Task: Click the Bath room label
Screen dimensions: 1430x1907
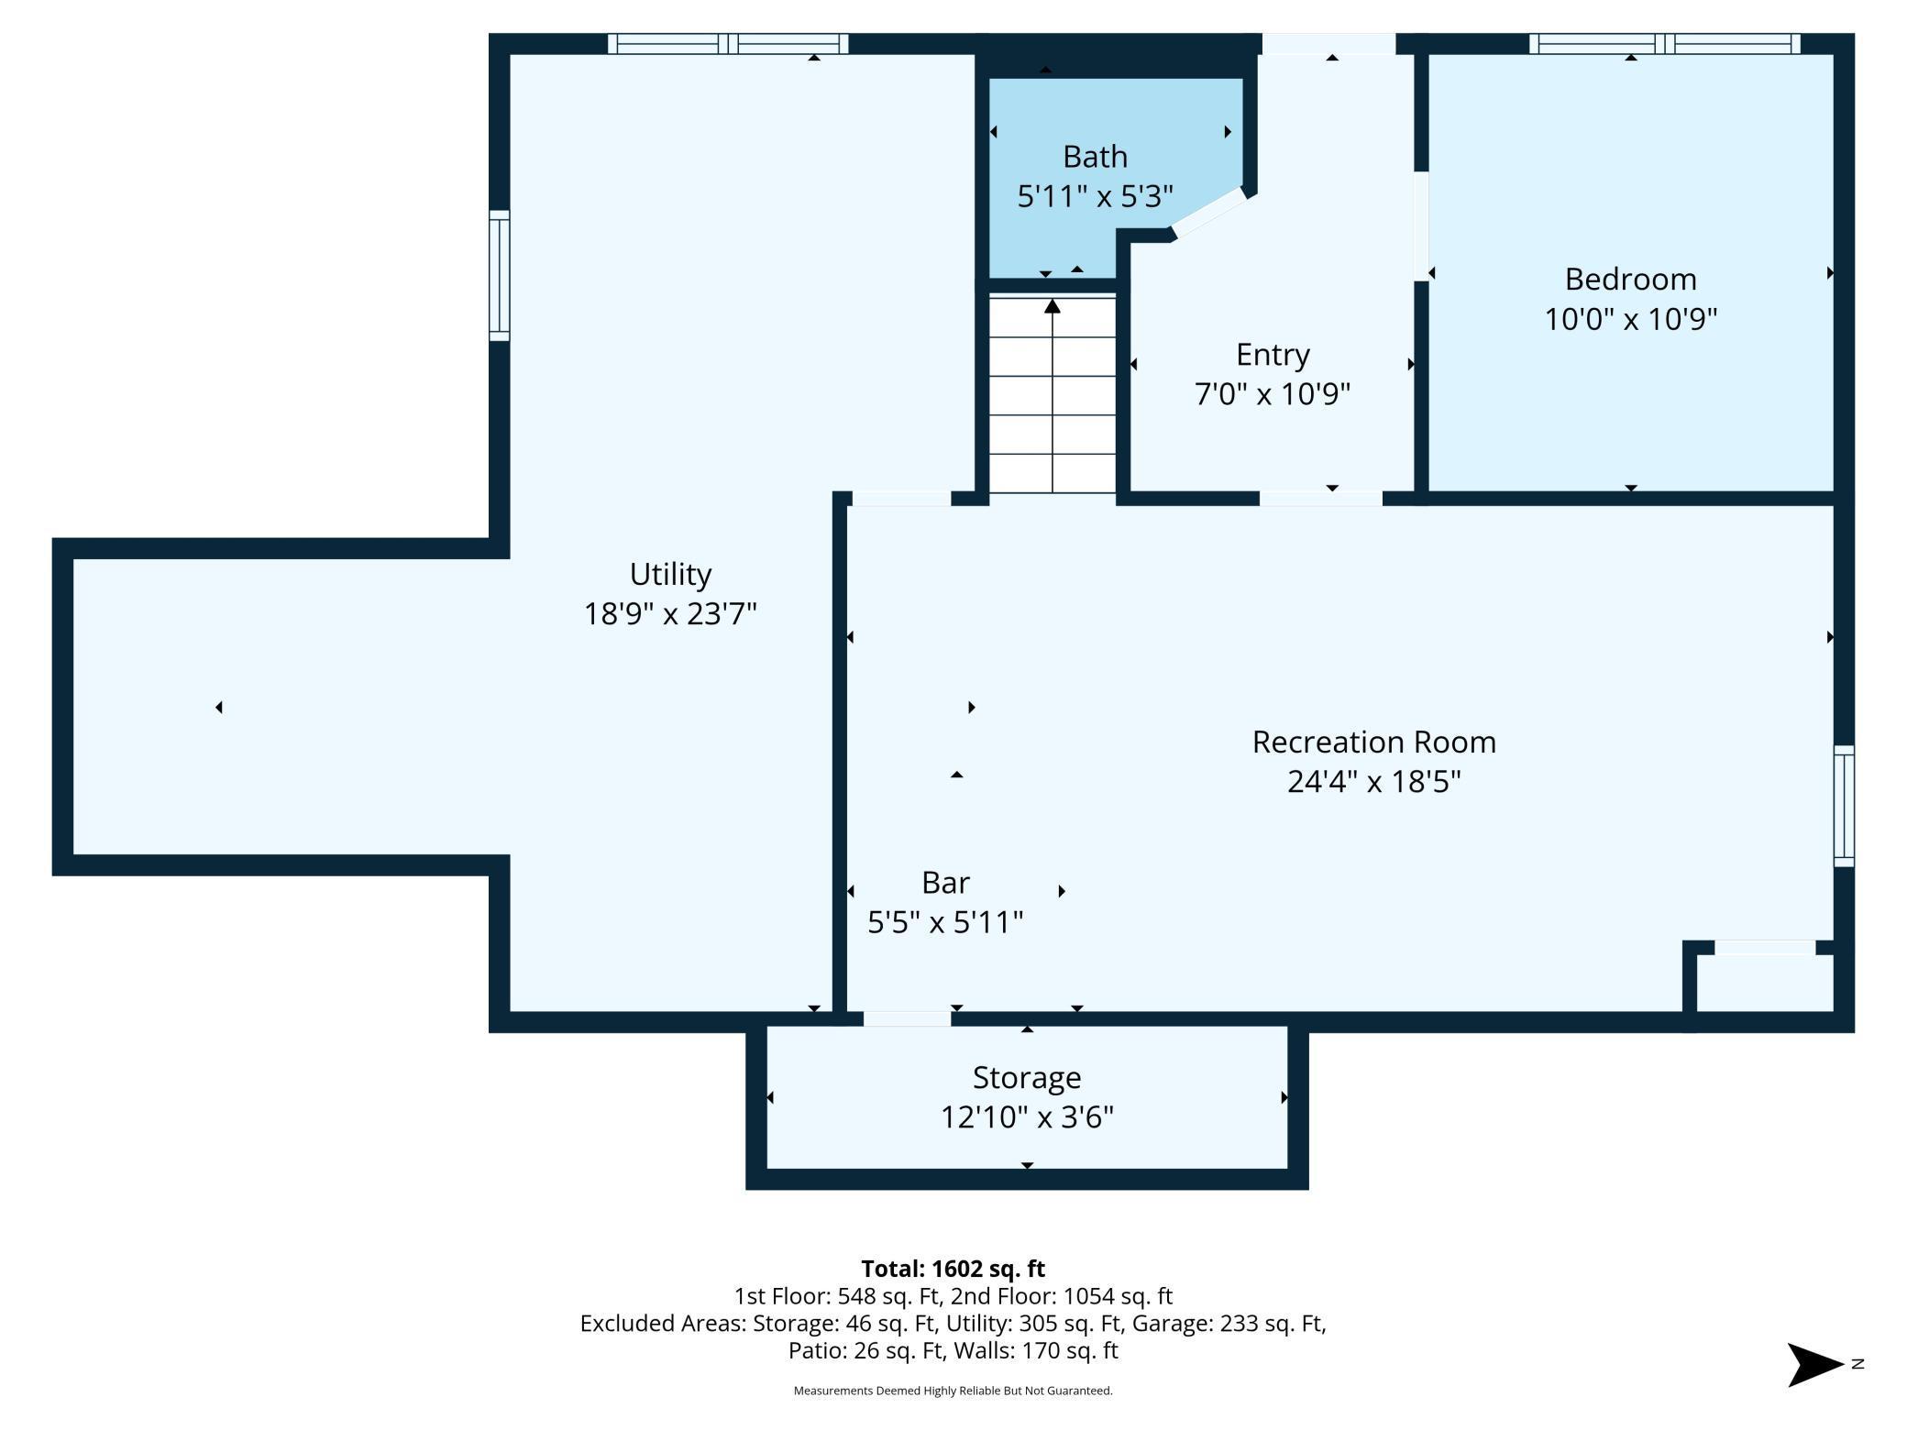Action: [x=1095, y=157]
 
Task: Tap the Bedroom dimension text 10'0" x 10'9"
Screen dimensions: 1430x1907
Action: [x=1630, y=319]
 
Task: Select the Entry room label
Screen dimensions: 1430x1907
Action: [x=1272, y=354]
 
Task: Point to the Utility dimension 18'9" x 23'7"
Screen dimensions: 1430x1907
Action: [x=670, y=613]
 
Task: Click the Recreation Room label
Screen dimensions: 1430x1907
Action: [x=1373, y=742]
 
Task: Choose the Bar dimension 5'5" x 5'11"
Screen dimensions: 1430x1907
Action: [x=945, y=921]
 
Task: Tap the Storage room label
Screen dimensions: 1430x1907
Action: [x=1026, y=1077]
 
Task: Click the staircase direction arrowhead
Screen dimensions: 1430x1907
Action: [x=1053, y=306]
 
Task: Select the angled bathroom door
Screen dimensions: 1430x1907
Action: [x=1209, y=213]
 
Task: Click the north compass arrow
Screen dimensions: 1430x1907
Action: [x=1813, y=1365]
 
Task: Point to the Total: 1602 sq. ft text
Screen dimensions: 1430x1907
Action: [x=953, y=1269]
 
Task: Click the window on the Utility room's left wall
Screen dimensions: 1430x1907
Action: [x=499, y=275]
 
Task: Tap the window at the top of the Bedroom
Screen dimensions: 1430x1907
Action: [x=1664, y=43]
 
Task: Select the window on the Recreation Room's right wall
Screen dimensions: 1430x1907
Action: [x=1843, y=806]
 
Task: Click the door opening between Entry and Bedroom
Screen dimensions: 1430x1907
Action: [x=1421, y=226]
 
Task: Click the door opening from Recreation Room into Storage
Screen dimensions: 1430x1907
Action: [x=907, y=1018]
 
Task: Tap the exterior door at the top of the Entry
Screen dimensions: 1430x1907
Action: [x=1328, y=43]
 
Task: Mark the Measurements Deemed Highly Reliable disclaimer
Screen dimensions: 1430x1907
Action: [x=953, y=1391]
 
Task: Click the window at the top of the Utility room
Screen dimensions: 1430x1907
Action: [x=727, y=43]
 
